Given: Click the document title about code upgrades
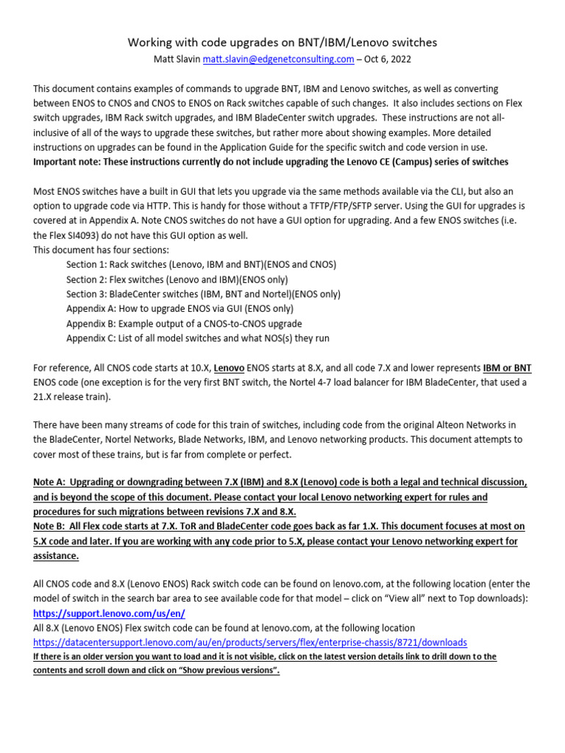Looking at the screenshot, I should point(282,43).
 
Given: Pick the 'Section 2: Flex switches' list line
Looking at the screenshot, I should point(177,279).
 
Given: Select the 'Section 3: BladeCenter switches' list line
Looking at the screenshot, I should point(203,294).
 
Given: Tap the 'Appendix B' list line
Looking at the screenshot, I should point(184,324).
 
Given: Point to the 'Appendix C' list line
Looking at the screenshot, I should point(198,338).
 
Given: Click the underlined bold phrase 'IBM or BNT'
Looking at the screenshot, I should point(508,368).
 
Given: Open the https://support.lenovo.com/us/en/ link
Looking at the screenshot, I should point(109,613).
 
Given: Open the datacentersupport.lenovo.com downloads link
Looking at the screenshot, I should point(250,642).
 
